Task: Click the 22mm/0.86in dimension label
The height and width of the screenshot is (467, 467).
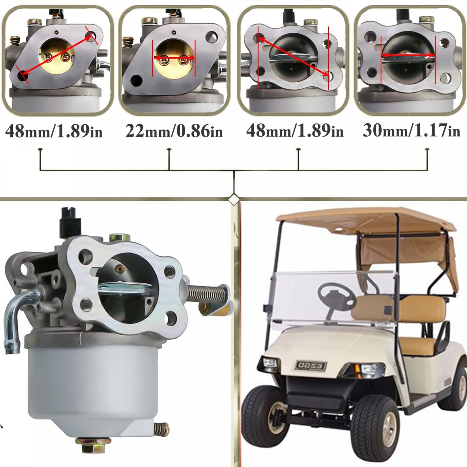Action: click(174, 132)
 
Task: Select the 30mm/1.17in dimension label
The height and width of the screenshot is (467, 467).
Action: click(411, 131)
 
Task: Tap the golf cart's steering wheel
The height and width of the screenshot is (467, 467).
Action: click(336, 298)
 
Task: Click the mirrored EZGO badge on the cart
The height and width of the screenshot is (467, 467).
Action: click(311, 366)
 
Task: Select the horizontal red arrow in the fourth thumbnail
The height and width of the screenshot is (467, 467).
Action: click(408, 56)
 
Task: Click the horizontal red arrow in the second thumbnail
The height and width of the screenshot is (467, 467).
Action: click(174, 58)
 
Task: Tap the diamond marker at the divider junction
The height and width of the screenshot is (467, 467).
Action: click(233, 200)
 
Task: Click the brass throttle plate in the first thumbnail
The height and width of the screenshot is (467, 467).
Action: click(56, 56)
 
